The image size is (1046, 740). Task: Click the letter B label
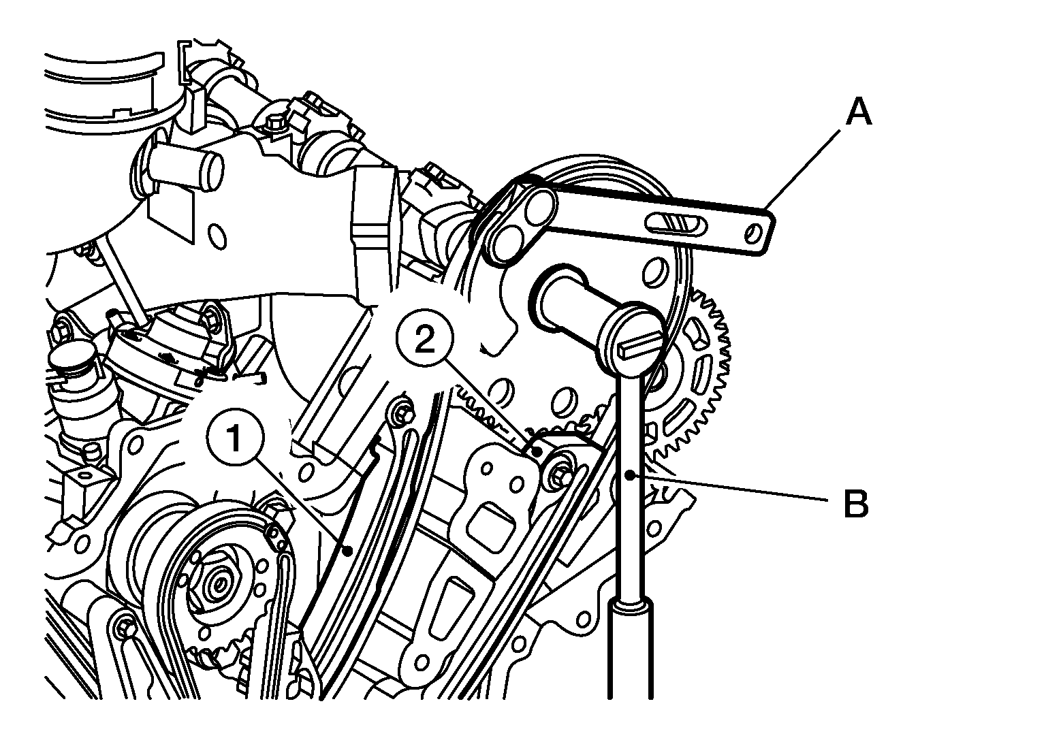[x=856, y=503]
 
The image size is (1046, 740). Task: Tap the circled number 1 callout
[x=236, y=438]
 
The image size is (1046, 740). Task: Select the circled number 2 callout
[x=424, y=338]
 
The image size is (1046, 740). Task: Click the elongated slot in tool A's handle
[x=676, y=223]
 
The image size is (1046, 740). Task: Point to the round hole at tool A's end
[x=752, y=233]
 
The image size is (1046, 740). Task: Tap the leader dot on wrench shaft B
[x=631, y=475]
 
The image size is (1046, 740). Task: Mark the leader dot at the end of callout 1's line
[x=347, y=551]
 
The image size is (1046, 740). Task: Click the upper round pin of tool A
[x=539, y=204]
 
